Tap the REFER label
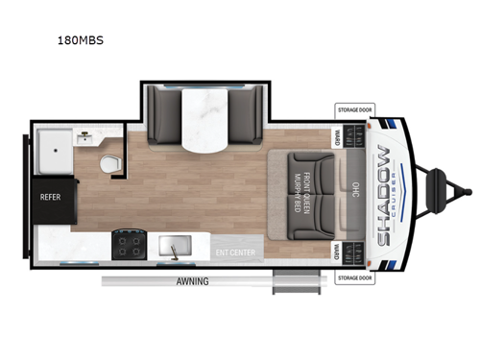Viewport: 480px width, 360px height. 50,198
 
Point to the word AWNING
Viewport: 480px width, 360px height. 192,281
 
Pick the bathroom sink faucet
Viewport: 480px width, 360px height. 84,137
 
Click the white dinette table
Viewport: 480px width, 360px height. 204,120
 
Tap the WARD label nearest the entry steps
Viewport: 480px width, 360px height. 337,252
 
